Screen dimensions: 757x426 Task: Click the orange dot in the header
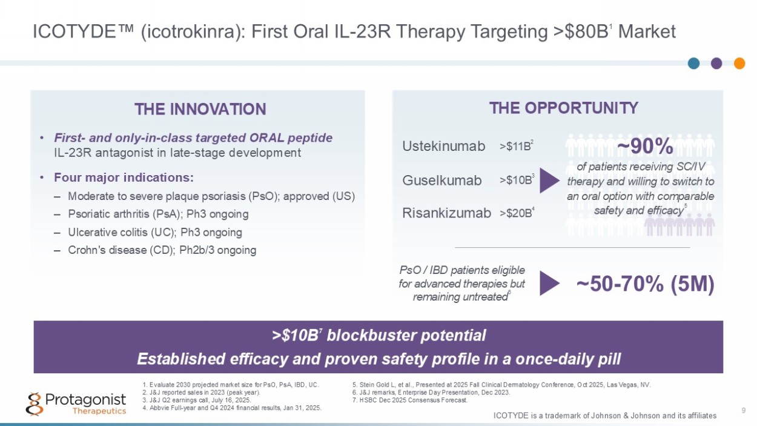pyautogui.click(x=739, y=63)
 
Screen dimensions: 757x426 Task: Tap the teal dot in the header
pyautogui.click(x=693, y=63)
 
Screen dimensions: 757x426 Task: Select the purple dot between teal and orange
pyautogui.click(x=716, y=63)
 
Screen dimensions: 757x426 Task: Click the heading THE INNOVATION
pyautogui.click(x=200, y=109)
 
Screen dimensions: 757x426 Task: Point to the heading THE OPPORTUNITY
pyautogui.click(x=564, y=108)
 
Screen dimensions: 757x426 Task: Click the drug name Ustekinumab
pyautogui.click(x=444, y=146)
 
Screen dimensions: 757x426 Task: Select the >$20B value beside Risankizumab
pyautogui.click(x=516, y=213)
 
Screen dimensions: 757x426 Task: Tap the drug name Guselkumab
pyautogui.click(x=441, y=180)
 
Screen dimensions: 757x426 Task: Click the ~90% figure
pyautogui.click(x=645, y=147)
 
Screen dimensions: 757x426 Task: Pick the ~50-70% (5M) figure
pyautogui.click(x=645, y=284)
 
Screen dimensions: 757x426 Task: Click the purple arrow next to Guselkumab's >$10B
pyautogui.click(x=549, y=181)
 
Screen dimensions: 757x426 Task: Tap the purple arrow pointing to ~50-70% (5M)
pyautogui.click(x=549, y=283)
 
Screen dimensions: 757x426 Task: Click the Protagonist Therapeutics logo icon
pyautogui.click(x=35, y=404)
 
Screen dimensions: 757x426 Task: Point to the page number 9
pyautogui.click(x=744, y=410)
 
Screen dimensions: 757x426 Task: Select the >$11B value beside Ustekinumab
pyautogui.click(x=516, y=146)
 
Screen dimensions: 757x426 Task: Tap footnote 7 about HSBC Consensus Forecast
pyautogui.click(x=410, y=400)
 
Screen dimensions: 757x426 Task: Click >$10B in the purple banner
pyautogui.click(x=295, y=335)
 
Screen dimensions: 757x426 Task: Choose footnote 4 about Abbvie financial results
pyautogui.click(x=232, y=408)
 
